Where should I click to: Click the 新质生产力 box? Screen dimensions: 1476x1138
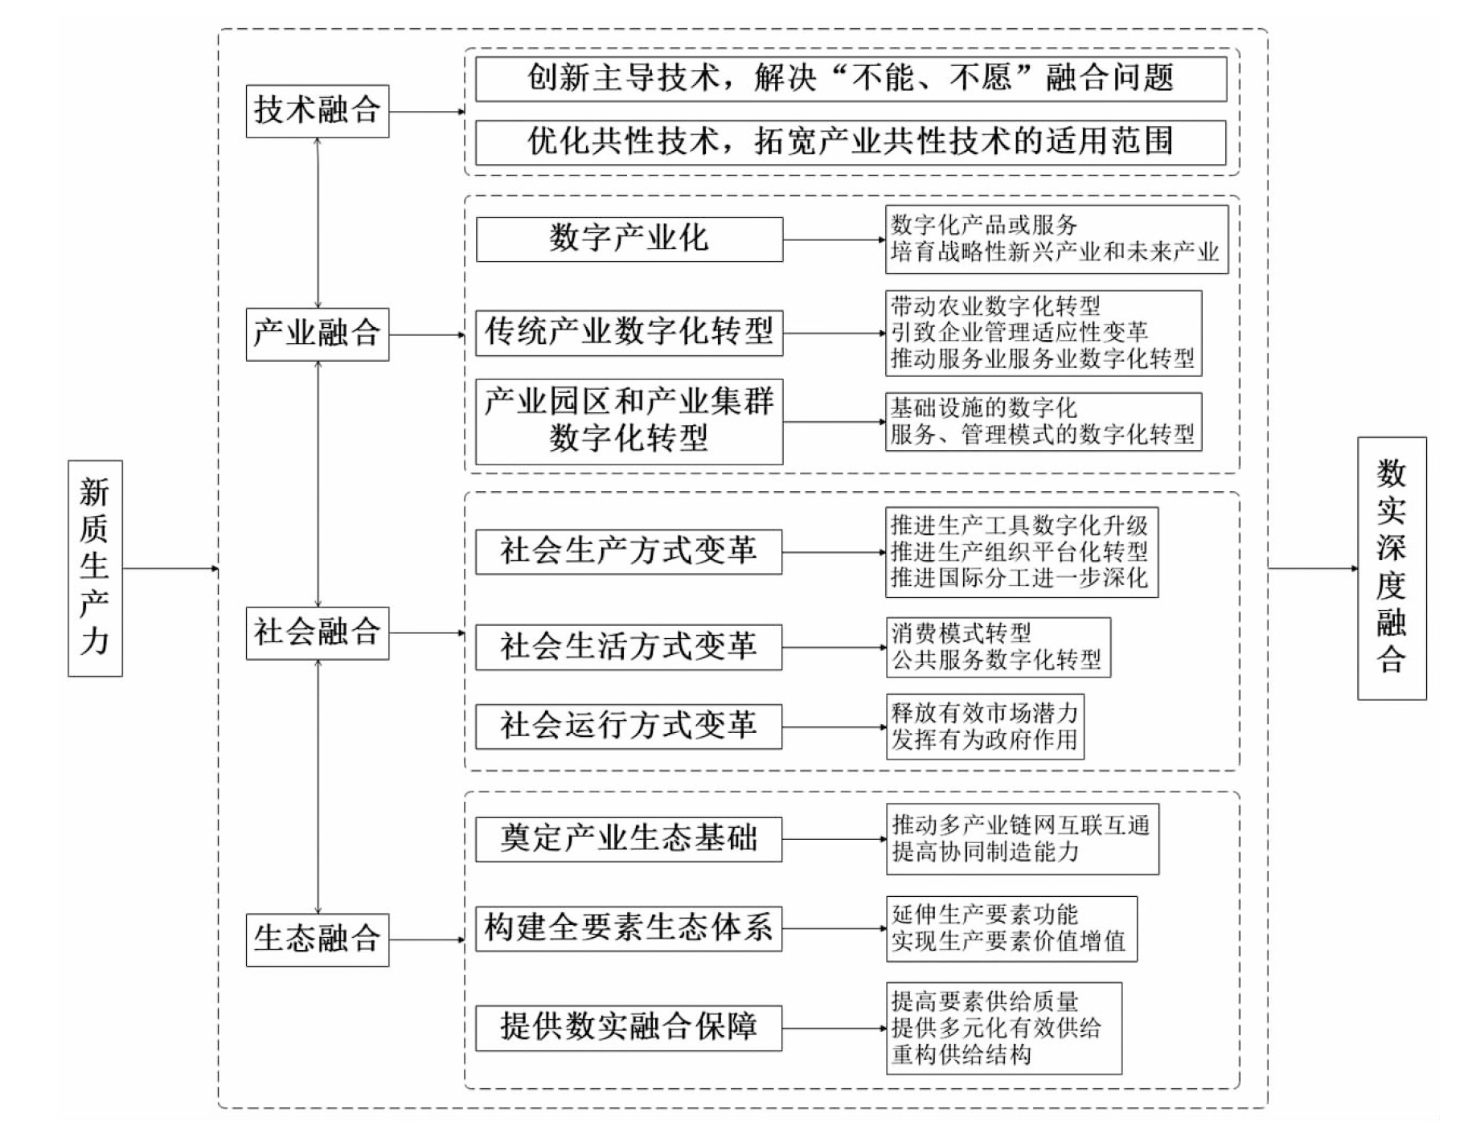coord(95,567)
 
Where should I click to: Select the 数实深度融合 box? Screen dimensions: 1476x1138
coord(1392,568)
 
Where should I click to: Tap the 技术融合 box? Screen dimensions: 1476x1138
coord(318,111)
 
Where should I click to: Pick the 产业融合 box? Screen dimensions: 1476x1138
coord(318,334)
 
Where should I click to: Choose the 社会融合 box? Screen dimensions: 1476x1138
coord(318,633)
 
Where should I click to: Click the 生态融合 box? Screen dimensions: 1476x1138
coord(318,939)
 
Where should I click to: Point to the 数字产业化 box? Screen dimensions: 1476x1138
coord(629,239)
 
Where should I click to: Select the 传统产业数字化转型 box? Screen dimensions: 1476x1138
coord(629,333)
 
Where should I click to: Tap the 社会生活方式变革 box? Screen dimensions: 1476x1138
coord(629,647)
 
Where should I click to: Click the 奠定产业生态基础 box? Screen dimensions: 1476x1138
coord(629,839)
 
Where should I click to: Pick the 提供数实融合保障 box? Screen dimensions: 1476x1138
coord(629,1028)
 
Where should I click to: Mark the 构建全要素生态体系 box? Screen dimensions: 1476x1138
coord(629,928)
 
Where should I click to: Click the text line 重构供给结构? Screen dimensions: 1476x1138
coord(961,1054)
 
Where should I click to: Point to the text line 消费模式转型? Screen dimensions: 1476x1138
coord(961,633)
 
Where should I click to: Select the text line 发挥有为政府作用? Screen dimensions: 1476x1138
coord(985,739)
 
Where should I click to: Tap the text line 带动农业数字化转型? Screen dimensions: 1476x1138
coord(995,306)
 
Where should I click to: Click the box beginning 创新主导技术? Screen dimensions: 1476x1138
coord(851,79)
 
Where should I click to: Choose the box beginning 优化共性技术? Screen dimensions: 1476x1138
coord(851,142)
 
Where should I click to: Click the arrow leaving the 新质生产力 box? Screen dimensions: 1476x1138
coord(170,569)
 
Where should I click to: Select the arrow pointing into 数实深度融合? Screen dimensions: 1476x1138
coord(1313,569)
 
